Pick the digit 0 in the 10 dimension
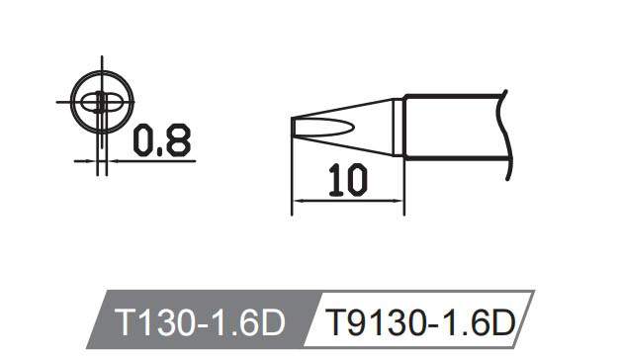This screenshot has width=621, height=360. point(354,179)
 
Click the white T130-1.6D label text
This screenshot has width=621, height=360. point(200,322)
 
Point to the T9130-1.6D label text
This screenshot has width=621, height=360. point(421,322)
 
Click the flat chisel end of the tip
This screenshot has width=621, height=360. point(293,128)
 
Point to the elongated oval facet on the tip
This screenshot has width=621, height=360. point(326,127)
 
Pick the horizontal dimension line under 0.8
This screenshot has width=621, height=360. point(148,160)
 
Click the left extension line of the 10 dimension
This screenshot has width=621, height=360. point(293,178)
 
